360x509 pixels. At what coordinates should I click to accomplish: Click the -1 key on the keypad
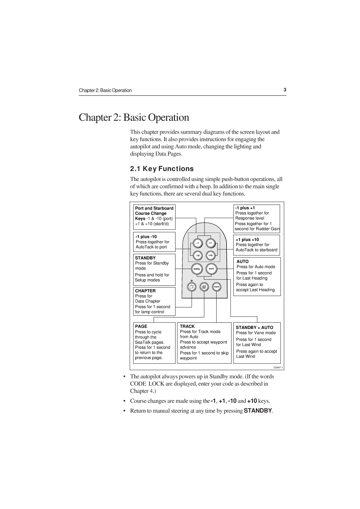[x=198, y=243]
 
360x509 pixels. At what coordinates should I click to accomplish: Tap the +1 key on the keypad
[x=210, y=243]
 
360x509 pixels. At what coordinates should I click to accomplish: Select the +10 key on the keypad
[x=210, y=256]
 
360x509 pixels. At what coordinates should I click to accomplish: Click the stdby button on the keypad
[x=197, y=269]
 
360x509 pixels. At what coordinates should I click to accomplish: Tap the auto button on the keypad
[x=211, y=269]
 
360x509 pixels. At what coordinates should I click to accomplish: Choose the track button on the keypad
[x=217, y=287]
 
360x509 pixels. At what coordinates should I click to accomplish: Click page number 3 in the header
[x=285, y=90]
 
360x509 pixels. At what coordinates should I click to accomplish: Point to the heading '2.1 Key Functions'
[x=162, y=169]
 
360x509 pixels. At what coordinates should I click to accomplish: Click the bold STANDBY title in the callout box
[x=145, y=258]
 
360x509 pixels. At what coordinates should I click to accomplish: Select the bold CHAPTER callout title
[x=145, y=291]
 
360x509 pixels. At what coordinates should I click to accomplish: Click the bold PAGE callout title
[x=141, y=326]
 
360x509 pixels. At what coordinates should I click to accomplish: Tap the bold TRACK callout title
[x=187, y=326]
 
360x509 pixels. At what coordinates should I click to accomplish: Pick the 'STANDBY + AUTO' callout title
[x=255, y=327]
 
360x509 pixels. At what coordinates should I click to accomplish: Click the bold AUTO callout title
[x=243, y=261]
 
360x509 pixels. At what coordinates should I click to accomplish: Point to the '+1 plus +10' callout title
[x=247, y=239]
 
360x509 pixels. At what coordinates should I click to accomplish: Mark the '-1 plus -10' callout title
[x=146, y=237]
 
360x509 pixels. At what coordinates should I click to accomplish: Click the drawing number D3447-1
[x=278, y=368]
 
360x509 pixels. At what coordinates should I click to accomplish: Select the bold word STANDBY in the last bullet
[x=258, y=411]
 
